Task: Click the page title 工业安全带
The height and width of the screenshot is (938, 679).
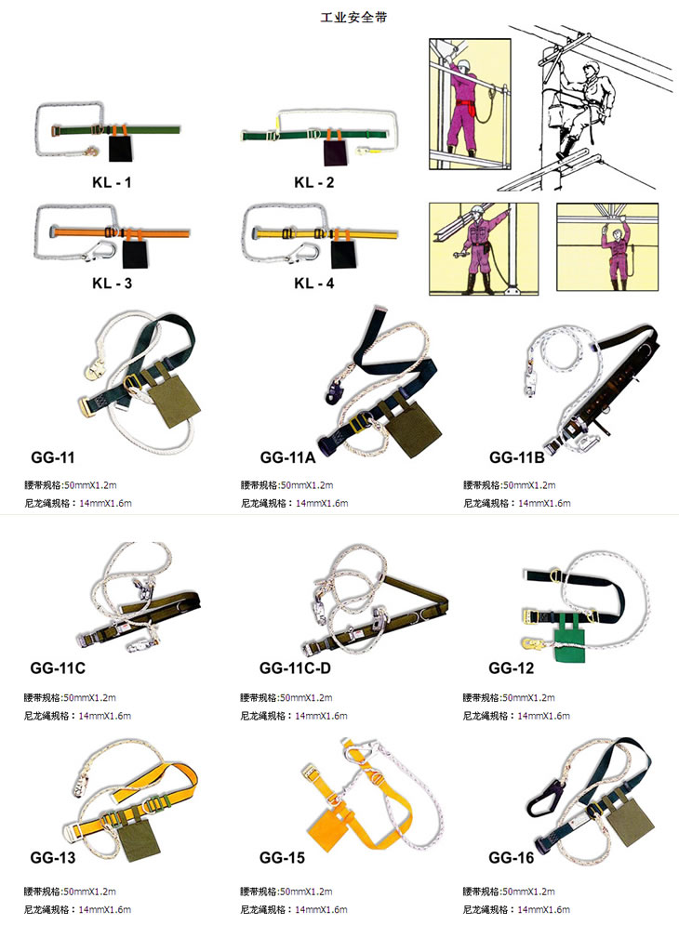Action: pos(353,17)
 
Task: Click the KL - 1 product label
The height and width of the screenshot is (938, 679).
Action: pos(112,182)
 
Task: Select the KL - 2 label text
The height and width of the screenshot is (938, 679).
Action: pos(314,182)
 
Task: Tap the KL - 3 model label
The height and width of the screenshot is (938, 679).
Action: pos(112,283)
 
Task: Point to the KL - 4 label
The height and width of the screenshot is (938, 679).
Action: pos(314,283)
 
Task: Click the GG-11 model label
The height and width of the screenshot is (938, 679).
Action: pos(53,457)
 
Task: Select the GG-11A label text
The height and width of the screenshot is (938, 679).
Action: pos(287,457)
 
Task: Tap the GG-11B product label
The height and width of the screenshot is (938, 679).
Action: pos(517,457)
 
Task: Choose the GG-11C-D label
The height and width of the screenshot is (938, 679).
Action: pos(295,667)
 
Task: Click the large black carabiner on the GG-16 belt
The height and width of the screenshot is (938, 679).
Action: pos(547,799)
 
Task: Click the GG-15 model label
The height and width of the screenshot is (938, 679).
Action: pos(282,857)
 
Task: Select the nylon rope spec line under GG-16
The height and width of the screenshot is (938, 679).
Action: pos(517,909)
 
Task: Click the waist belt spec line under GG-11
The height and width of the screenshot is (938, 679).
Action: pos(71,484)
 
